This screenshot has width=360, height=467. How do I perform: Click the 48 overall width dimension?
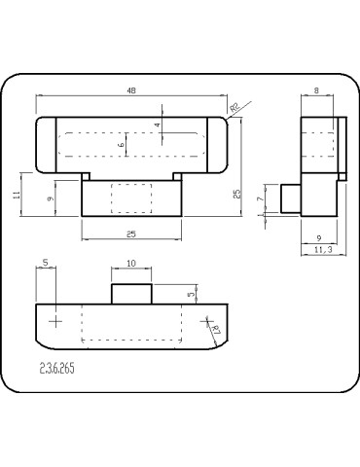130,90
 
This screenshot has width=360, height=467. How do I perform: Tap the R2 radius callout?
234,107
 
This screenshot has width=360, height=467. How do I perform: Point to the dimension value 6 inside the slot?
122,144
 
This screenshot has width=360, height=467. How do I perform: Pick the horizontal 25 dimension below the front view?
130,233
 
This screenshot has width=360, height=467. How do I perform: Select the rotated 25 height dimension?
235,194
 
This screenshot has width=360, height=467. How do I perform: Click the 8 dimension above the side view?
317,90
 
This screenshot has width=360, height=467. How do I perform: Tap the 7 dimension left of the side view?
259,199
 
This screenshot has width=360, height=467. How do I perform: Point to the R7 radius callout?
215,332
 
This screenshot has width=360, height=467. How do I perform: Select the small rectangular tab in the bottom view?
130,294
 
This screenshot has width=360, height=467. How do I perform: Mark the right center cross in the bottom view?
205,320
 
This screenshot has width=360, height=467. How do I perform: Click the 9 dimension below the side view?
319,236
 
